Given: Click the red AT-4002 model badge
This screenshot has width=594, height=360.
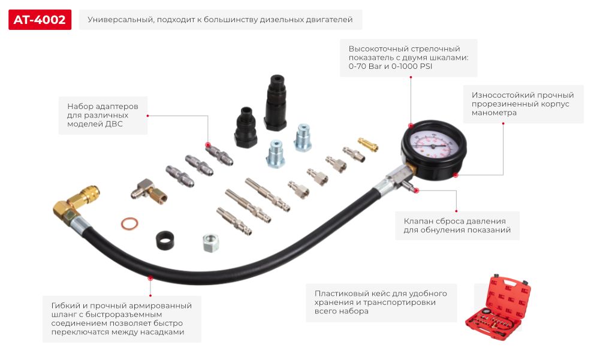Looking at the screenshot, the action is click(x=40, y=20).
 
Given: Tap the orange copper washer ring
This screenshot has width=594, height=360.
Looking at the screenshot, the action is click(x=129, y=223).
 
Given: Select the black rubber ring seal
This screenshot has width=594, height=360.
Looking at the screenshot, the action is click(x=165, y=240).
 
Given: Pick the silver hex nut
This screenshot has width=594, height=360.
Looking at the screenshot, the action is click(x=211, y=243).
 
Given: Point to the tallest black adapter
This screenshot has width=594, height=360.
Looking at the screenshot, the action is click(x=276, y=102).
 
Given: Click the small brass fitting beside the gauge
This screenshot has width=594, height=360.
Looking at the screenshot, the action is click(x=368, y=144).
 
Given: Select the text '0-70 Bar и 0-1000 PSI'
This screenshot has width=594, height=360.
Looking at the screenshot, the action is click(x=390, y=66).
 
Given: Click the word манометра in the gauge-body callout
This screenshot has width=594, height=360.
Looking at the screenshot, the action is click(x=494, y=113).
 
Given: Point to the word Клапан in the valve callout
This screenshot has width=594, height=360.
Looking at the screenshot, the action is click(x=417, y=221).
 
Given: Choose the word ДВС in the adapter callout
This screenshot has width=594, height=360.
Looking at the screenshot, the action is click(x=114, y=124).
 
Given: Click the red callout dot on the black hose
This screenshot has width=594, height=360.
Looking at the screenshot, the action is click(x=150, y=278).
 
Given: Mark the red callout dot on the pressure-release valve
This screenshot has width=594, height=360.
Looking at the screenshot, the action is click(x=417, y=190).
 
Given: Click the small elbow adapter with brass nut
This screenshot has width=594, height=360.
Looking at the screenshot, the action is click(x=149, y=192).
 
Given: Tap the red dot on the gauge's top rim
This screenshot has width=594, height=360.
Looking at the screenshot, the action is click(x=411, y=125).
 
